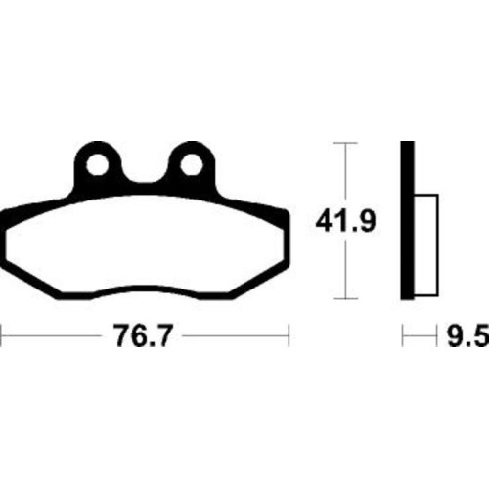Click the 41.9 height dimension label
click(x=345, y=221)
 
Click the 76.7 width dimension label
click(x=142, y=335)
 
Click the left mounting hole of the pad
click(x=98, y=165)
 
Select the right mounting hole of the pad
click(x=191, y=165)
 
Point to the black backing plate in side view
click(x=408, y=220)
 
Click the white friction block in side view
click(x=426, y=245)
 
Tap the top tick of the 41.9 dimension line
click(x=345, y=143)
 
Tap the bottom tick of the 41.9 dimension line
click(x=345, y=298)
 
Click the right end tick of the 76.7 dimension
click(x=289, y=335)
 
